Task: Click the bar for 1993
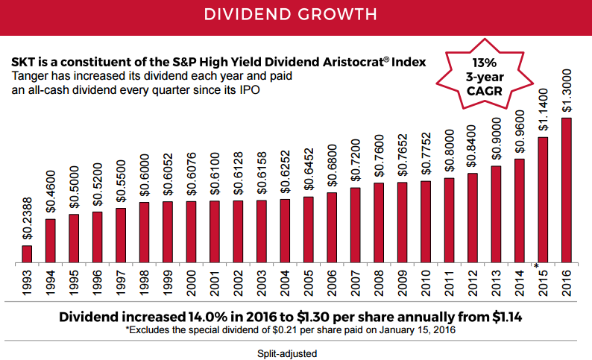[27, 254]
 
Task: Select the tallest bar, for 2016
[567, 190]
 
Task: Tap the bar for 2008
[379, 223]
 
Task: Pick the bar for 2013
[496, 215]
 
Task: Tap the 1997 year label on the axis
[121, 284]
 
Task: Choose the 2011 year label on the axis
[450, 284]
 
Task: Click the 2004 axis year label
[286, 284]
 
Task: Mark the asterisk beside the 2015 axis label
[537, 266]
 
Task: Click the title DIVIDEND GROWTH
[296, 15]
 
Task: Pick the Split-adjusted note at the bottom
[296, 352]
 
